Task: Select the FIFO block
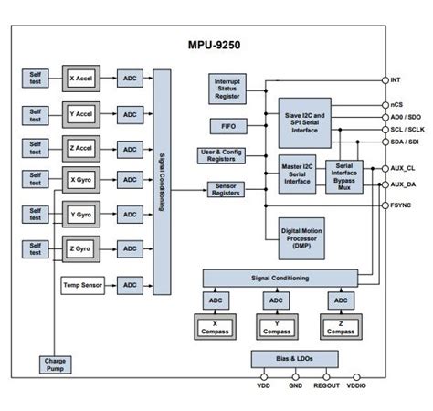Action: point(227,126)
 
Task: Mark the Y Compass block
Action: point(276,326)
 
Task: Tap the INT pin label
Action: point(396,80)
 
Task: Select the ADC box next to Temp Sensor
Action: point(130,285)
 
